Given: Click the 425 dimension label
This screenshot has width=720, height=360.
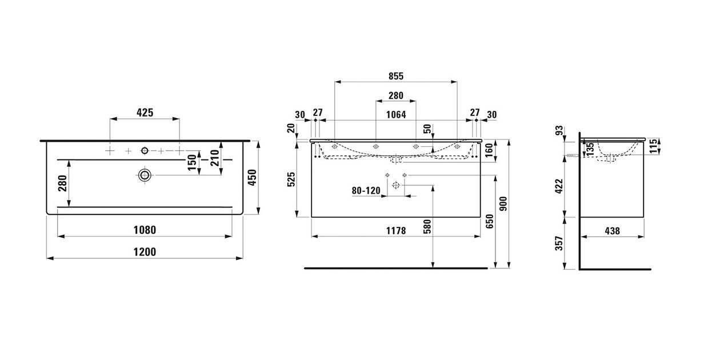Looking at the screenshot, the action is click(145, 113).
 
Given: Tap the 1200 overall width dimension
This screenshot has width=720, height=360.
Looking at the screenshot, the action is click(145, 251).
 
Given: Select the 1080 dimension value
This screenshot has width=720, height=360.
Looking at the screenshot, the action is click(145, 230).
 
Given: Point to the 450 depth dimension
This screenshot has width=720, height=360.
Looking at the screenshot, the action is click(253, 177).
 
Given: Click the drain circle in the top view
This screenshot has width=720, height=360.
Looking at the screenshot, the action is click(145, 175).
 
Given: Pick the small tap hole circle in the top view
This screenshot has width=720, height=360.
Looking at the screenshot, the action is click(145, 150).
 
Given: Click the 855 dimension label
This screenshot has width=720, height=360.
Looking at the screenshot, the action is click(395, 76).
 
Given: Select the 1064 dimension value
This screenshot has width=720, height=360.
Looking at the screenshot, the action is click(396, 114).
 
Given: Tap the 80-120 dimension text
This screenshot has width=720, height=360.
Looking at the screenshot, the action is click(366, 191).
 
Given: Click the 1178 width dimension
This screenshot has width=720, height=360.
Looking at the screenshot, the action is click(396, 230).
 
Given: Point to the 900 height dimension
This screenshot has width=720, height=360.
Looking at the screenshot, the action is click(503, 203).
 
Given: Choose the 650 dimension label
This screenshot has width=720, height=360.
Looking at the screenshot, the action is click(490, 222).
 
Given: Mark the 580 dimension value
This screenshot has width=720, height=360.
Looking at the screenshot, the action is click(427, 227).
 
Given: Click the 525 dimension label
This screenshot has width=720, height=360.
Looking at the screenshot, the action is click(291, 179).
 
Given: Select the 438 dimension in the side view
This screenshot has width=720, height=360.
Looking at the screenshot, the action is click(613, 231).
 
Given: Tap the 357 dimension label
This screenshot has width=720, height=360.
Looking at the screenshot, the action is click(559, 243).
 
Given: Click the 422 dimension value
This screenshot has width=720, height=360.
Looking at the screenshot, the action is click(559, 186).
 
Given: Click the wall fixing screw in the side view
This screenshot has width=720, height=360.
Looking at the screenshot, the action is click(572, 155).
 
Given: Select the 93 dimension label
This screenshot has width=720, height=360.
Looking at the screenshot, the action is click(559, 130).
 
